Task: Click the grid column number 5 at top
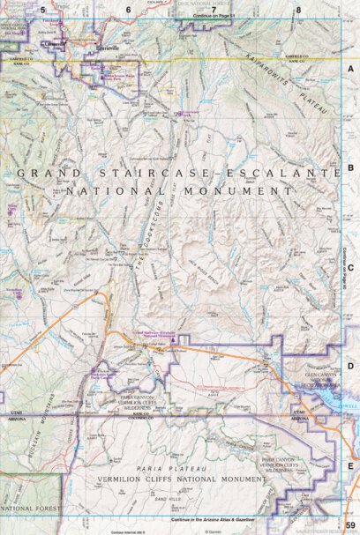[x=41, y=10]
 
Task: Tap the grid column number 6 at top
[x=128, y=10]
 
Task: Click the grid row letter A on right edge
[x=350, y=69]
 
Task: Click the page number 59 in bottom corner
[x=350, y=526]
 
